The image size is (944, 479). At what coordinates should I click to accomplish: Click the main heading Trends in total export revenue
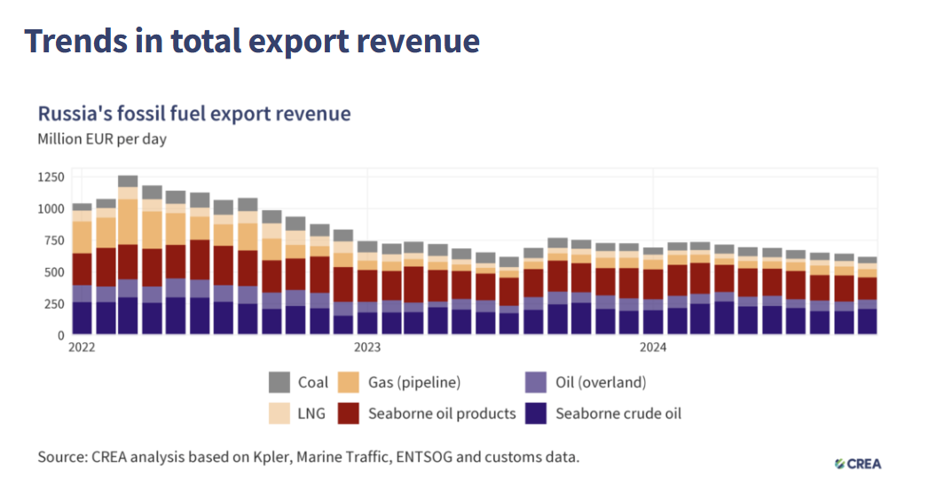(252, 41)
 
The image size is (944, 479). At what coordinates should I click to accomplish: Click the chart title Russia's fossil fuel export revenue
(193, 114)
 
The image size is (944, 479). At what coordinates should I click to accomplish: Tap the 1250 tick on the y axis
(51, 177)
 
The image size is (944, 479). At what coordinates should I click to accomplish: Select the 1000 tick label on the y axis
(51, 209)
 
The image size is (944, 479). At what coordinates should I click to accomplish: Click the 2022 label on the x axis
(83, 347)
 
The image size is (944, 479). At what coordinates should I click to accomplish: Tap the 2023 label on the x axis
(367, 347)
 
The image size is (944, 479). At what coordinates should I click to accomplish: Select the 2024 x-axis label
(653, 347)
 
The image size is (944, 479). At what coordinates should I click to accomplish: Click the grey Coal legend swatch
(279, 383)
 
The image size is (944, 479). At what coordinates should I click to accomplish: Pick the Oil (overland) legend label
(601, 383)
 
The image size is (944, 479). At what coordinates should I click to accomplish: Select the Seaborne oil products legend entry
(442, 413)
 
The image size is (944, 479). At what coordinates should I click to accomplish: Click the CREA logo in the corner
(858, 463)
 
